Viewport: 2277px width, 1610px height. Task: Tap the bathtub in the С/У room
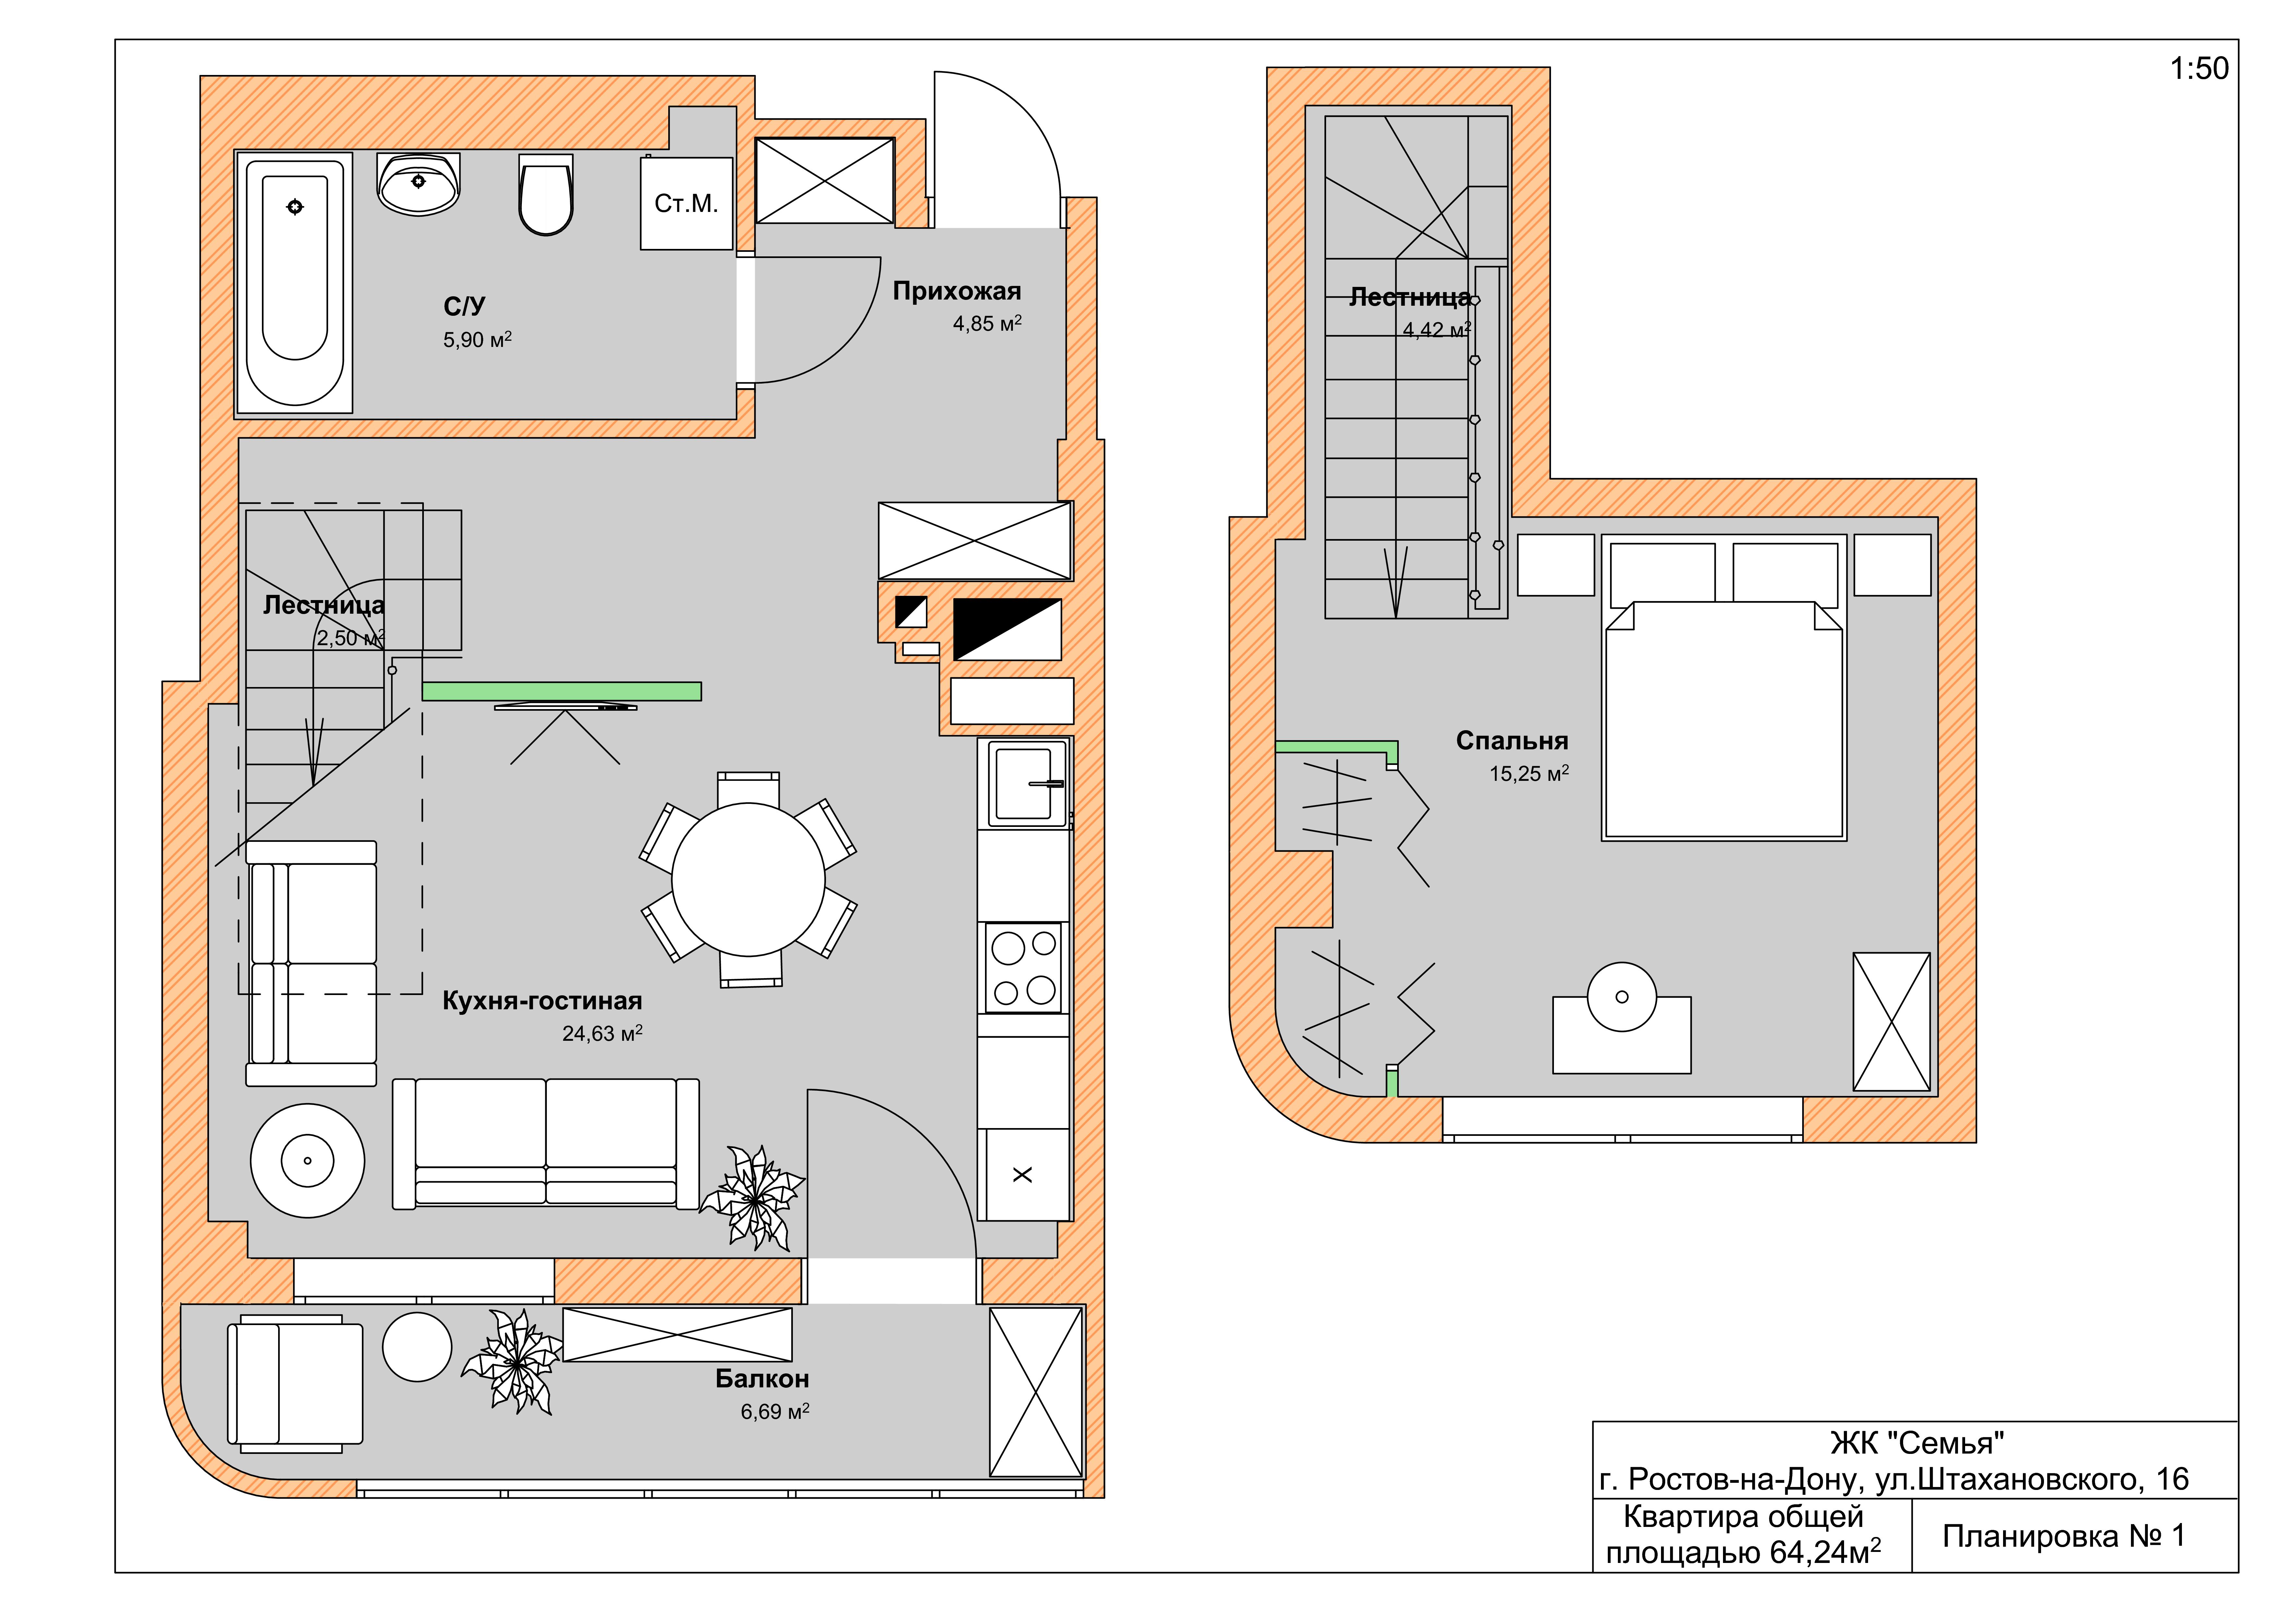coord(295,283)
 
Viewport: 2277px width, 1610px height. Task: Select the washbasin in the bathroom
coord(419,183)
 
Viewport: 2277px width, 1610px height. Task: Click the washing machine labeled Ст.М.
coord(686,203)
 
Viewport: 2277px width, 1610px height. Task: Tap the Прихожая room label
coord(957,291)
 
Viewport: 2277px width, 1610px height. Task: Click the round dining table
coord(749,879)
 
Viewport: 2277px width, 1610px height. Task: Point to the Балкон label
coord(762,1379)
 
